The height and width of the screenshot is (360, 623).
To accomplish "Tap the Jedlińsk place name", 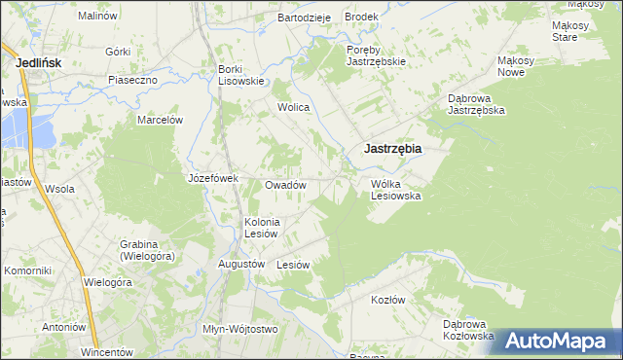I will [x=40, y=62].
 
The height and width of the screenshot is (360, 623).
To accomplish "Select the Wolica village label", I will [x=293, y=107].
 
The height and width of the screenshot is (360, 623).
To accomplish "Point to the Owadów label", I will [x=286, y=185].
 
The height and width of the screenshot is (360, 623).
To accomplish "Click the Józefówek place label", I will [x=213, y=179].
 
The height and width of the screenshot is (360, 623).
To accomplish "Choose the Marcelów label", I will [x=161, y=120].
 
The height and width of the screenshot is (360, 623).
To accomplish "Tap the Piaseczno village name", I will [x=133, y=80].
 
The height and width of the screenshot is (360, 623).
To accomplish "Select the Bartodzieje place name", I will [x=305, y=18].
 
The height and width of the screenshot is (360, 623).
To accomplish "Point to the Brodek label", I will [x=361, y=18].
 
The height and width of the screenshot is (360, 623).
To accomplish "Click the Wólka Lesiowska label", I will [x=395, y=189].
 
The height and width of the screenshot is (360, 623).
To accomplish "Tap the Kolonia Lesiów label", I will [x=262, y=227].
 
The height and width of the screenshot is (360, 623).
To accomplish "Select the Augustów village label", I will [x=242, y=264].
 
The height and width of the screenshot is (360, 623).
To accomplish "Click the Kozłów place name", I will [x=387, y=300].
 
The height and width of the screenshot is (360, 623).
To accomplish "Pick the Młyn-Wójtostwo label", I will [x=239, y=329].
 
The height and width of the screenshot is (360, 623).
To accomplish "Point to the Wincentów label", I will [x=106, y=351].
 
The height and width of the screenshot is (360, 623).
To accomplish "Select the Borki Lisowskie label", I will [x=241, y=75].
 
